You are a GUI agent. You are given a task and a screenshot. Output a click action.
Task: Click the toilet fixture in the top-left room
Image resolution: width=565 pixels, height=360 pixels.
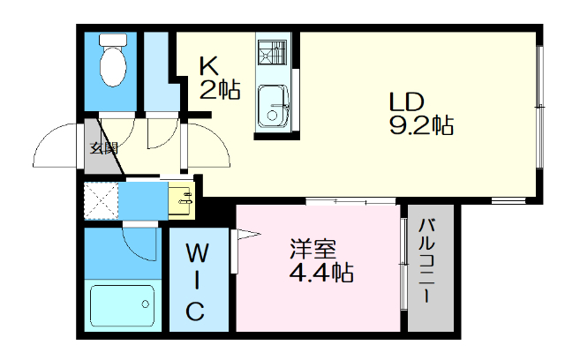point(113,60)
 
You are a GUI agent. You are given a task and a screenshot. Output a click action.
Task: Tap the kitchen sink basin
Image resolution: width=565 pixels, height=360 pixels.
point(272,107)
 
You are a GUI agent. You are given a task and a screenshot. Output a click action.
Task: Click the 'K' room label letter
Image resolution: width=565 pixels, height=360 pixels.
point(208,65)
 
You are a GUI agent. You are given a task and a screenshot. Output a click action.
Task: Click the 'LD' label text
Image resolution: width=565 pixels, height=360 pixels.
point(408,100)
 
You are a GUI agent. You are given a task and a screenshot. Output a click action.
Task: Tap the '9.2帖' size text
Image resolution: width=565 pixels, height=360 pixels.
point(421,124)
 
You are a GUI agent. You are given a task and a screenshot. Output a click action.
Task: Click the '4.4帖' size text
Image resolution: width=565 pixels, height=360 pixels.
point(321,272)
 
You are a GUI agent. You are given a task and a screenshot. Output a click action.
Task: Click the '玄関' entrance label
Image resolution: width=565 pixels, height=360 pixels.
point(103,148)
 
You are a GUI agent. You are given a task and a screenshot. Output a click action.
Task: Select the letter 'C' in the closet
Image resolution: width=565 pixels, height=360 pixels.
point(197,311)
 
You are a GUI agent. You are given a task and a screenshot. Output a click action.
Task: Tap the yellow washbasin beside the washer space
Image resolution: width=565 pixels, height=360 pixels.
point(181,199)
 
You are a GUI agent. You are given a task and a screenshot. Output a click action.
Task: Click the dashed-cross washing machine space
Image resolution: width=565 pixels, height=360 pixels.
point(101,200)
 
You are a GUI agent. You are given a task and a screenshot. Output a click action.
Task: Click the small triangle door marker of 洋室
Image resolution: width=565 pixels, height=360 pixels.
point(246,234)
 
